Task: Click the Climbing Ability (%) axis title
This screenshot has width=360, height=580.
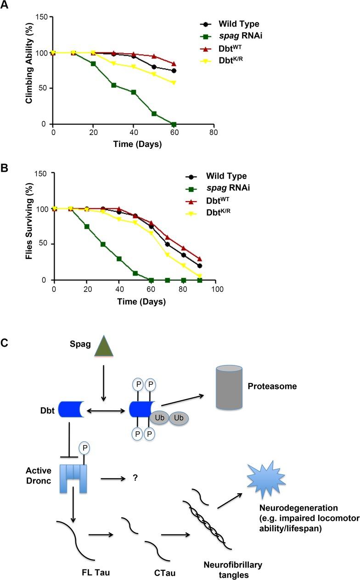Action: pos(29,71)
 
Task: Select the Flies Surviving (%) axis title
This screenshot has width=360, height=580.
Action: pos(29,228)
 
